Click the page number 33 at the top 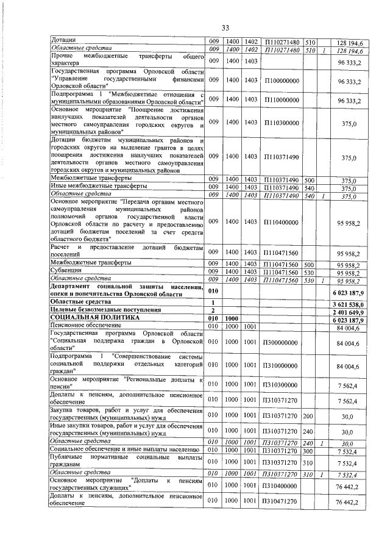(225, 28)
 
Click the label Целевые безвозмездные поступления (106, 310)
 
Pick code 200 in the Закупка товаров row (308, 415)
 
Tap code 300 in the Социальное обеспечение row (308, 450)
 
